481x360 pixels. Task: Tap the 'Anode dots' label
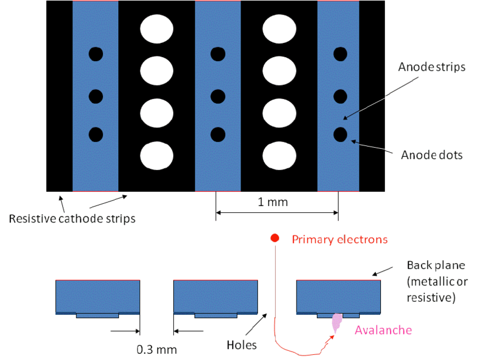(x=432, y=154)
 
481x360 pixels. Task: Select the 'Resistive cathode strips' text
(x=72, y=218)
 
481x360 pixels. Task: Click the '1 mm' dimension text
(x=273, y=202)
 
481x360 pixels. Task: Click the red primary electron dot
(x=275, y=238)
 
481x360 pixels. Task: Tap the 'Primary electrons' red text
(x=340, y=239)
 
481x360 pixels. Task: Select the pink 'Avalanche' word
(x=383, y=330)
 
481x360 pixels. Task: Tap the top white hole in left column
(x=157, y=29)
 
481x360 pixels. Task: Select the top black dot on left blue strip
(x=96, y=54)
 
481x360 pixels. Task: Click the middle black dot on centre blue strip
(x=218, y=95)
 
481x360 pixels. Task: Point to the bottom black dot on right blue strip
(x=340, y=135)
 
